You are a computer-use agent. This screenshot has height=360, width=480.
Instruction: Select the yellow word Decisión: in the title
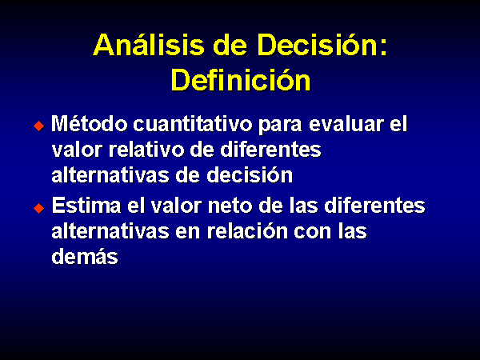pos(322,45)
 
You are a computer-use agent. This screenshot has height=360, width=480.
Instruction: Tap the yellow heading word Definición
pos(241,79)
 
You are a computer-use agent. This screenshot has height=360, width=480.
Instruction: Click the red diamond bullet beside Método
pos(39,126)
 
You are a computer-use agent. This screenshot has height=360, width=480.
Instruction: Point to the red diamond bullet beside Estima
pos(39,208)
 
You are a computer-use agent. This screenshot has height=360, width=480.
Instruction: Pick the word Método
pos(90,124)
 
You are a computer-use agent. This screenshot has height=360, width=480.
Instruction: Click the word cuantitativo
pos(193,124)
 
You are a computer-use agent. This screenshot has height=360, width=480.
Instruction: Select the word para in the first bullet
pos(281,126)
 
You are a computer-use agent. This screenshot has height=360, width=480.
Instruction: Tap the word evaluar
pos(346,124)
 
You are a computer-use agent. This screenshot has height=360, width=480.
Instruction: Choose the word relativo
pos(147,150)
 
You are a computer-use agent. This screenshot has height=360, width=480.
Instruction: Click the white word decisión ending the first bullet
pos(250,175)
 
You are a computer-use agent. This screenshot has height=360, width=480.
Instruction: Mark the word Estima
pos(86,205)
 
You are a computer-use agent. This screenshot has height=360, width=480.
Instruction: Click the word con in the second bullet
pos(313,233)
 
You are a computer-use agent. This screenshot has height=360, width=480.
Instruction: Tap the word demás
pos(85,256)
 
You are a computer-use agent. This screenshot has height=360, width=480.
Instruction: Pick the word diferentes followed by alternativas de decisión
pos(270,150)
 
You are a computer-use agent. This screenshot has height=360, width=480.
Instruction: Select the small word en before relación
pos(188,233)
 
